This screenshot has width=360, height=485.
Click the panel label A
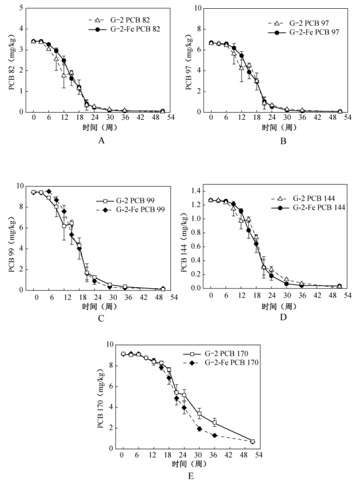(101, 141)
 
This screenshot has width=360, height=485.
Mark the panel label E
(191, 476)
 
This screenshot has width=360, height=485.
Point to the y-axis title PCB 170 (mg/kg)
(101, 396)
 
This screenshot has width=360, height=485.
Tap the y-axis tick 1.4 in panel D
(195, 190)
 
